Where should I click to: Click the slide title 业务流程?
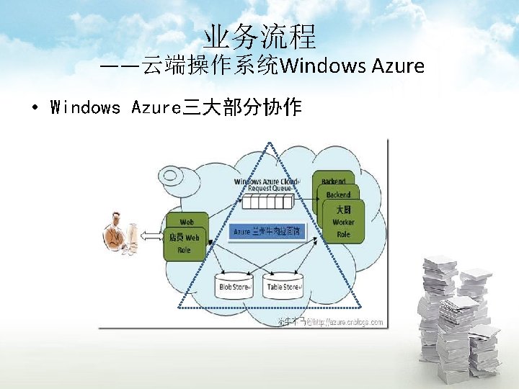pos(259,35)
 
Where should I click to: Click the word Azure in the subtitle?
pos(397,66)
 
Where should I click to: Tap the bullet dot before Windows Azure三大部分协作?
pos(35,109)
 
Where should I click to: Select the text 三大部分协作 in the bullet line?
pos(242,108)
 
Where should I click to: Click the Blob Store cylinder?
pos(234,286)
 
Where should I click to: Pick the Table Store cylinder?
pos(283,286)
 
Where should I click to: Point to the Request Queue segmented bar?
pos(268,200)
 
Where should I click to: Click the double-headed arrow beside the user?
pos(152,236)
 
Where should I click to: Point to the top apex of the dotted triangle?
pos(271,143)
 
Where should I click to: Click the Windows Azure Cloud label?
pos(265,182)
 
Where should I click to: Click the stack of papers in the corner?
pos(458,317)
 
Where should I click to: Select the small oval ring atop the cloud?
pos(174,174)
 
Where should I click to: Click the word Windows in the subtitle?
pos(323,66)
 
